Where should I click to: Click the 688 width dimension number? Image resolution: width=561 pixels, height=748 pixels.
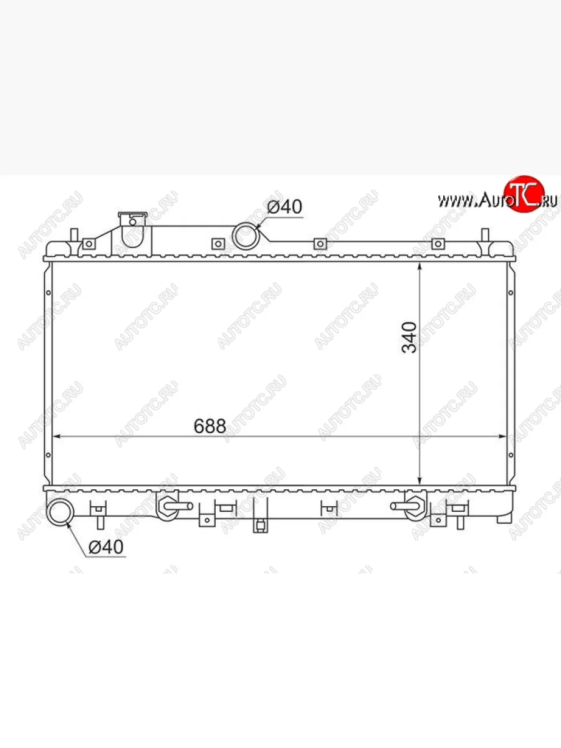210,426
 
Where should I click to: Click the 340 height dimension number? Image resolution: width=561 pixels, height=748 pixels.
409,337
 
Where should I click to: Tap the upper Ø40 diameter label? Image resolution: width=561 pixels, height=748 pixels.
284,206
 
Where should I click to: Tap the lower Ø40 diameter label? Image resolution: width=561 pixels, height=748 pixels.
106,547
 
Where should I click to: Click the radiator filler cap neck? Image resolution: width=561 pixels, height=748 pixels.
133,229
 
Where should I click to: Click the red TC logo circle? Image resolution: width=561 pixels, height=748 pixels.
524,194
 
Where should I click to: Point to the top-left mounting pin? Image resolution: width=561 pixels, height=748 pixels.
75,236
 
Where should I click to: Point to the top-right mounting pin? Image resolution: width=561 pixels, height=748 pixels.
486,236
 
